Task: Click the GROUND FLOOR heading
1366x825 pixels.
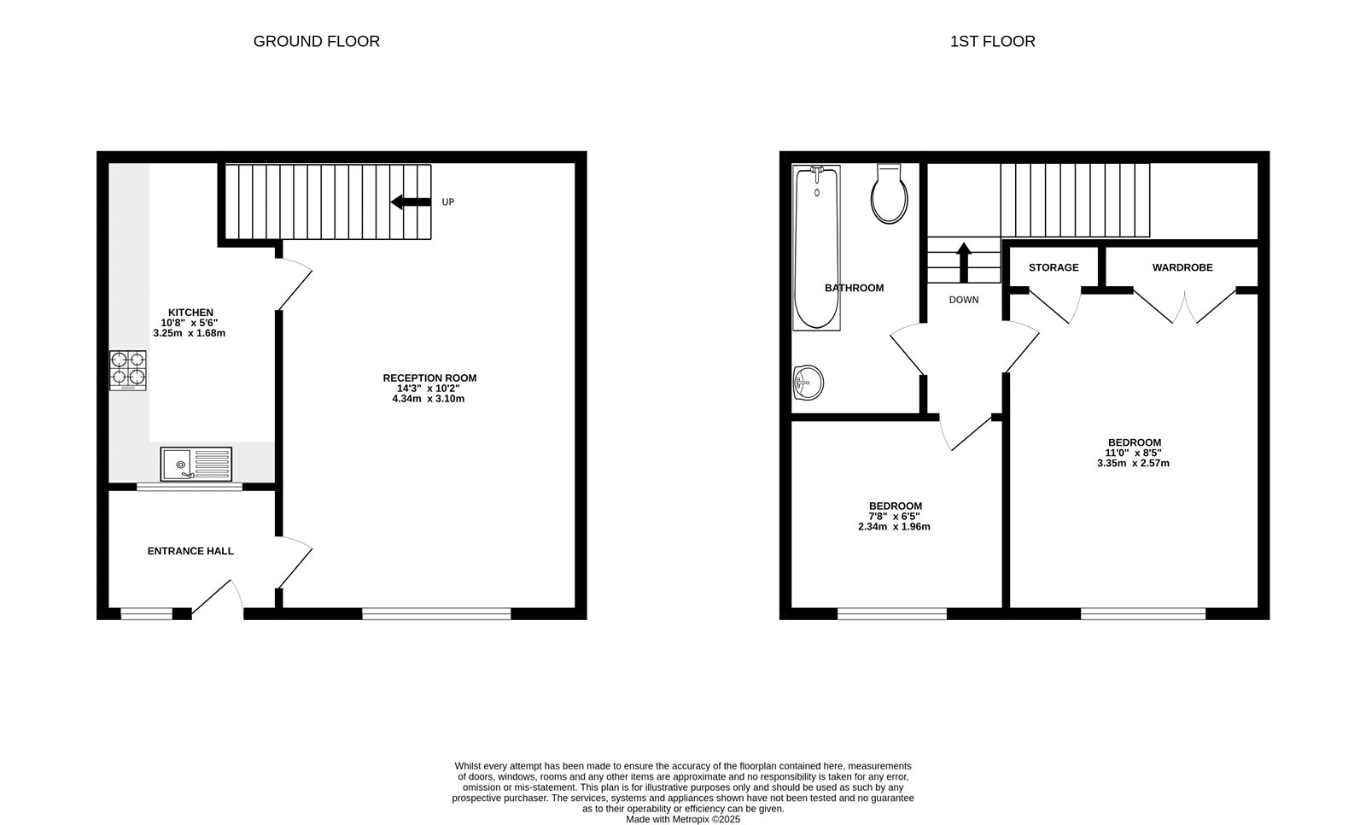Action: (316, 41)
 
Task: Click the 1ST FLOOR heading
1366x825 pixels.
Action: (992, 41)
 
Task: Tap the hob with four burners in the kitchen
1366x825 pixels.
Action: (127, 370)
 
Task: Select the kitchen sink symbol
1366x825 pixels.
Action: (196, 464)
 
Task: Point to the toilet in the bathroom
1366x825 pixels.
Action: (889, 195)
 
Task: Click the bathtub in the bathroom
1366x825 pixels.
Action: (816, 248)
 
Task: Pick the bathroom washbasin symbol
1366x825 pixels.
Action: (808, 381)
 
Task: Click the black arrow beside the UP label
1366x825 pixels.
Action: (410, 202)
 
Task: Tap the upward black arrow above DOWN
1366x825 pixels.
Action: (964, 260)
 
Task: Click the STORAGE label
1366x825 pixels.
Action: (1053, 267)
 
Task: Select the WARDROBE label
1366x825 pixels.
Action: (1182, 267)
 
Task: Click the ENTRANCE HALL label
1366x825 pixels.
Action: (190, 551)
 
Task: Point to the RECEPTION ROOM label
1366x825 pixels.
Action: (429, 377)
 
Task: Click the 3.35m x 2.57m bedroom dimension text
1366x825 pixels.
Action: (1133, 464)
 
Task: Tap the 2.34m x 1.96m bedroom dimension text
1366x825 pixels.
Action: (894, 527)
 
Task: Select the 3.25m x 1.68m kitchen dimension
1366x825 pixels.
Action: (190, 333)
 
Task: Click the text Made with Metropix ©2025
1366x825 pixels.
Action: (683, 819)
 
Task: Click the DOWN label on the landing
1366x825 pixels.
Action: (964, 300)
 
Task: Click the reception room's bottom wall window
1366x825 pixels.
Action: (436, 613)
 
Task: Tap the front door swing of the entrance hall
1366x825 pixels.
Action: (215, 598)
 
